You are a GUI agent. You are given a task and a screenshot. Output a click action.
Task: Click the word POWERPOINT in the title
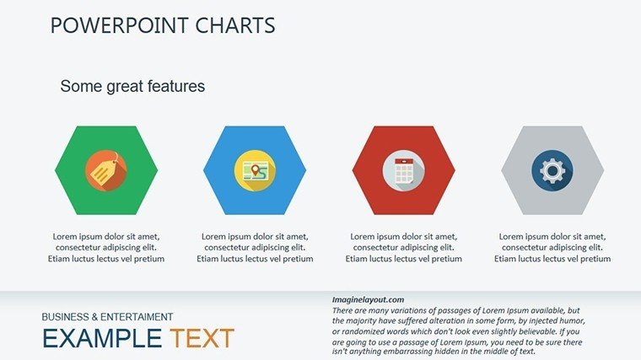pyautogui.click(x=120, y=25)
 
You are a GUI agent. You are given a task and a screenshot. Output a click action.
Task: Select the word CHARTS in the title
pyautogui.click(x=235, y=25)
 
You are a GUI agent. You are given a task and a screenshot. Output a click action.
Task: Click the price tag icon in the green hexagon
pyautogui.click(x=106, y=170)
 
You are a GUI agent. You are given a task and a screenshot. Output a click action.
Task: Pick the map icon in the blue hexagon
pyautogui.click(x=255, y=170)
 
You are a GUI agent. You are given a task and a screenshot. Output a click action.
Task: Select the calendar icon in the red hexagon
pyautogui.click(x=403, y=170)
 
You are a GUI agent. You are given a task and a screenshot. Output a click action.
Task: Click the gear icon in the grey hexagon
pyautogui.click(x=552, y=170)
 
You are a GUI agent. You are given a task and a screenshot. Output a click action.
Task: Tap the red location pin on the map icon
pyautogui.click(x=256, y=169)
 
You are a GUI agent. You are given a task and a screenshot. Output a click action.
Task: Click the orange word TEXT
pyautogui.click(x=202, y=338)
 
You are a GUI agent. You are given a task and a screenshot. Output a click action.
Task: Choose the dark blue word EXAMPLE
pyautogui.click(x=102, y=338)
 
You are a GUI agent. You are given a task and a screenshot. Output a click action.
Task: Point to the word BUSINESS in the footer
pyautogui.click(x=66, y=317)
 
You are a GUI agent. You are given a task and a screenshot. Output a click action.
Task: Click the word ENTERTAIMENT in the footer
pyautogui.click(x=137, y=317)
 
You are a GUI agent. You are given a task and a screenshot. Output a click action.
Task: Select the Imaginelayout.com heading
pyautogui.click(x=368, y=300)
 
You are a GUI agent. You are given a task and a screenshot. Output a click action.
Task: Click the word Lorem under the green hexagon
pyautogui.click(x=65, y=237)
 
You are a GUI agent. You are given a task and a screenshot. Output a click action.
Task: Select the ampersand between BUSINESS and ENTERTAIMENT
pyautogui.click(x=94, y=317)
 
